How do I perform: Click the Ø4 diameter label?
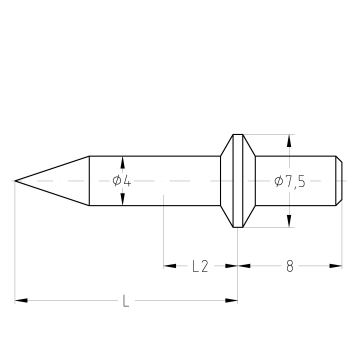click(x=122, y=181)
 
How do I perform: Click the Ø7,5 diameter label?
click(x=290, y=182)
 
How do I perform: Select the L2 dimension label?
click(x=200, y=266)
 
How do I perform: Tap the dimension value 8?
click(x=290, y=266)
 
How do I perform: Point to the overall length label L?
click(x=126, y=301)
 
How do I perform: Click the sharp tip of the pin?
click(x=15, y=181)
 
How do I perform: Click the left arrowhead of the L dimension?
click(x=21, y=301)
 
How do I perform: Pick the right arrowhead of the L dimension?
click(x=231, y=301)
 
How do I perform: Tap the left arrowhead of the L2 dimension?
click(x=170, y=266)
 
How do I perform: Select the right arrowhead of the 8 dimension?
click(x=336, y=266)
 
